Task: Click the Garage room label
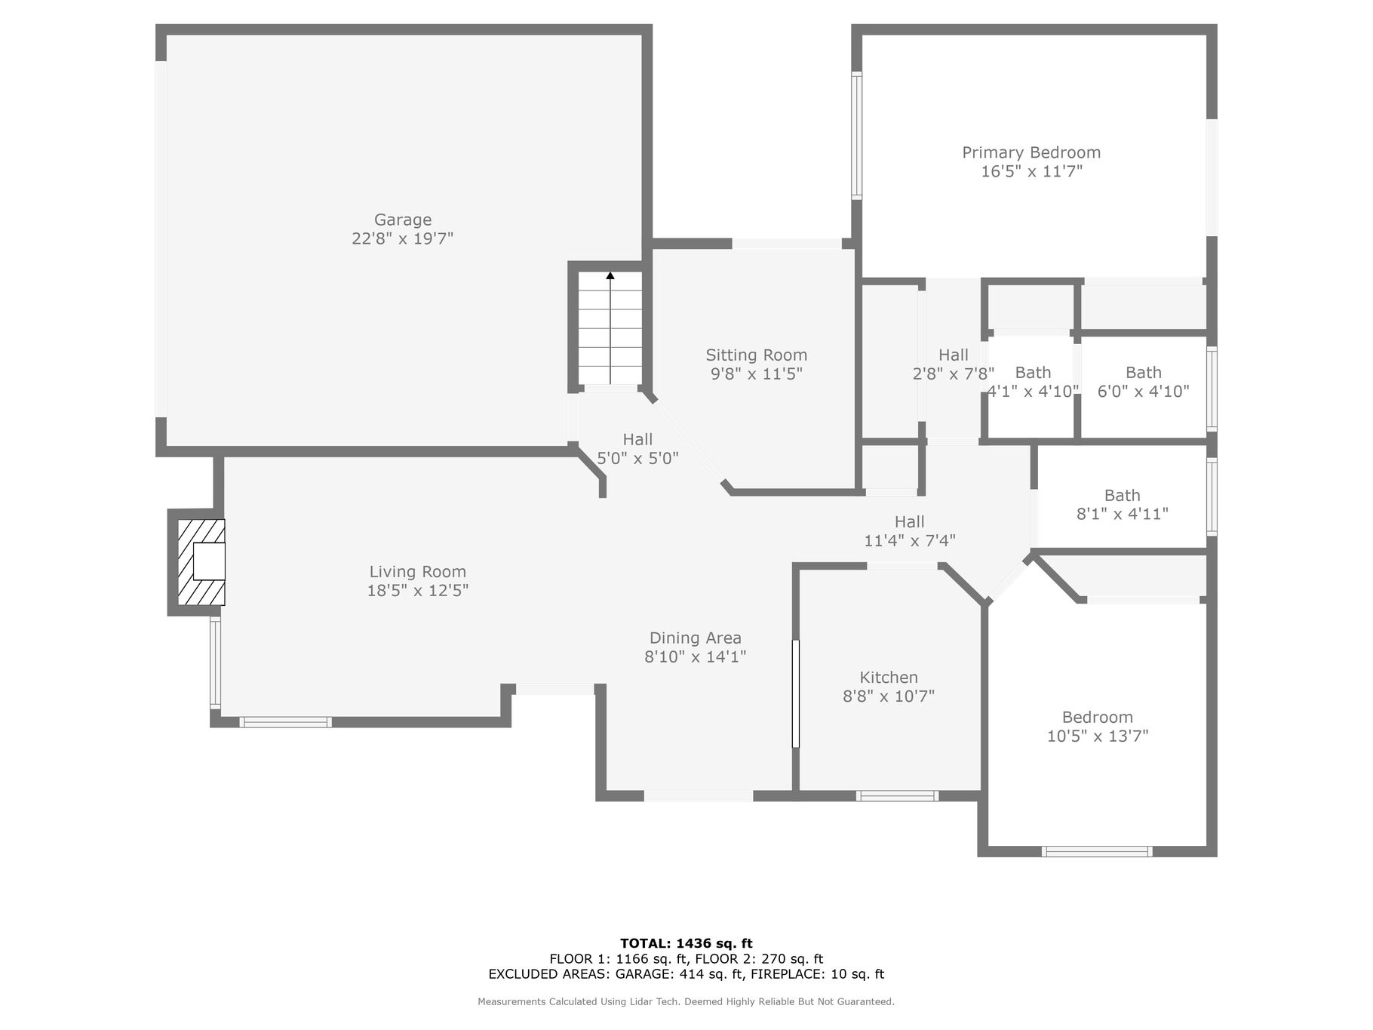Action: tap(403, 220)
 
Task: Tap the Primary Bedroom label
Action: tap(1031, 152)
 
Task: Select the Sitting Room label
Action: tap(756, 355)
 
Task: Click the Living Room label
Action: tap(417, 572)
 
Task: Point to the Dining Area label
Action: tap(695, 638)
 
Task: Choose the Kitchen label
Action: tap(889, 678)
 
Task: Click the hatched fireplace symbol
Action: tap(201, 562)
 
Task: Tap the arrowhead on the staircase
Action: tap(610, 276)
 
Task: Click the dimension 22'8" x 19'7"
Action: tap(403, 238)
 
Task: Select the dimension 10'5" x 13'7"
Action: tap(1098, 736)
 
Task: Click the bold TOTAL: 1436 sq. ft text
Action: tap(686, 943)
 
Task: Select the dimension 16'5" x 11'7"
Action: tap(1031, 171)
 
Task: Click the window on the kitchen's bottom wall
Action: tap(897, 795)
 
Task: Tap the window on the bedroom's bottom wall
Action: tap(1097, 852)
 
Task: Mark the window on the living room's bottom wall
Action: tap(285, 722)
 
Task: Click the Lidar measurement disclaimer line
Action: tap(686, 1002)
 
